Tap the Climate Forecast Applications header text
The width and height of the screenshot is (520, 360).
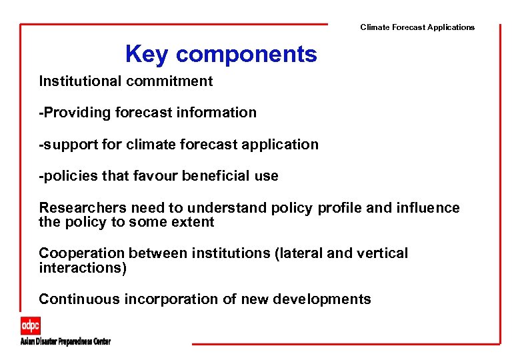[417, 27]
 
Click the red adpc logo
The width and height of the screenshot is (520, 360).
[30, 325]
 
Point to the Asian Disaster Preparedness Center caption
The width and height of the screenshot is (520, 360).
[65, 341]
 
